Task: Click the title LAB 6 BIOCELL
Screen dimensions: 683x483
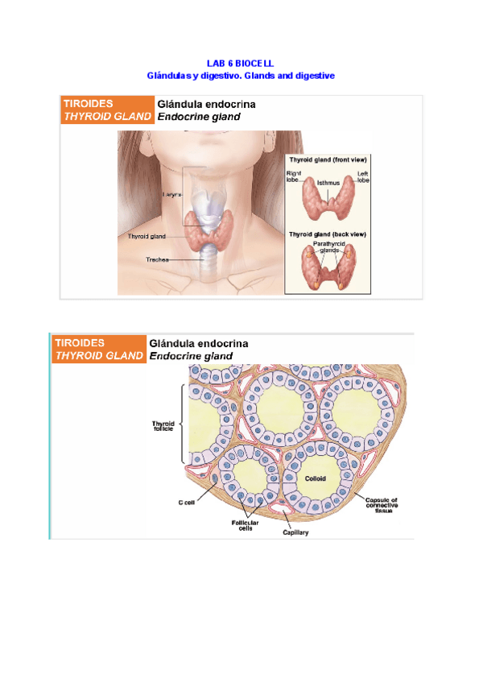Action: click(241, 62)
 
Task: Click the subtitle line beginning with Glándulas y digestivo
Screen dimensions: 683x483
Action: click(241, 75)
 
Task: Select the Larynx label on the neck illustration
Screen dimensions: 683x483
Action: click(171, 195)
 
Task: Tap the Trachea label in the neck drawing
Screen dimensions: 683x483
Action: click(156, 259)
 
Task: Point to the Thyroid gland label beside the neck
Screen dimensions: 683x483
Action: click(147, 236)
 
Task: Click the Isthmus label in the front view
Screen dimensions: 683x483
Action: click(328, 183)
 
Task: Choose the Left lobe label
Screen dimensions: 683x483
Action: click(363, 176)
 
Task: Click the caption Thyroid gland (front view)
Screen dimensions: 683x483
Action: click(328, 160)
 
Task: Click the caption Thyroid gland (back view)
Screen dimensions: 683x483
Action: click(328, 234)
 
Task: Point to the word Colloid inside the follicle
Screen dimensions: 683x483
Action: click(316, 478)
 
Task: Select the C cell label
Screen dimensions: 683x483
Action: click(187, 503)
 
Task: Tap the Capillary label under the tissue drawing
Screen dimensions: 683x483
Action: click(295, 532)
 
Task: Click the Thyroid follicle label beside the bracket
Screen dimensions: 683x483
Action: click(163, 427)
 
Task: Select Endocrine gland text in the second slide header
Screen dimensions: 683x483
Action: click(191, 355)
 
